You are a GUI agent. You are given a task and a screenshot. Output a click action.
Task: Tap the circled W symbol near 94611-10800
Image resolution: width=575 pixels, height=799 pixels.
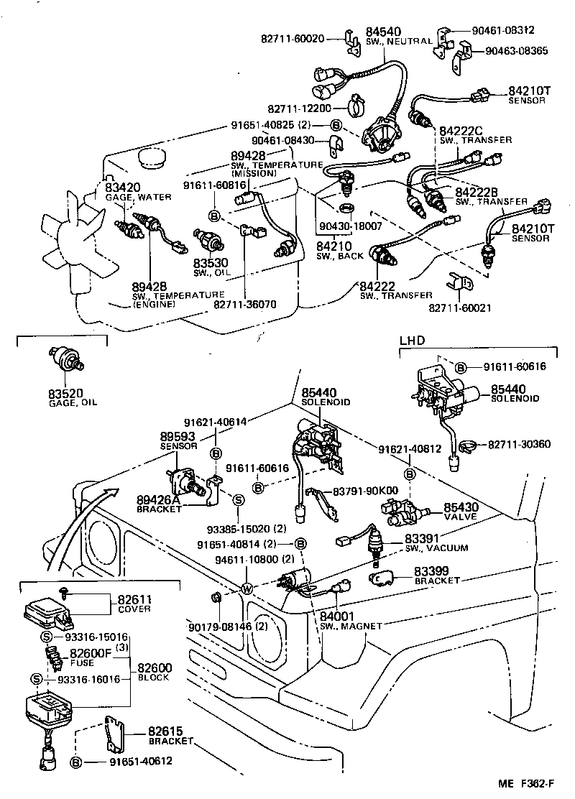tap(247, 589)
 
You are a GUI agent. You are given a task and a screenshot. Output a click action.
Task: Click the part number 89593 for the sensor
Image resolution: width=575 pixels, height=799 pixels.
tap(178, 436)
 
